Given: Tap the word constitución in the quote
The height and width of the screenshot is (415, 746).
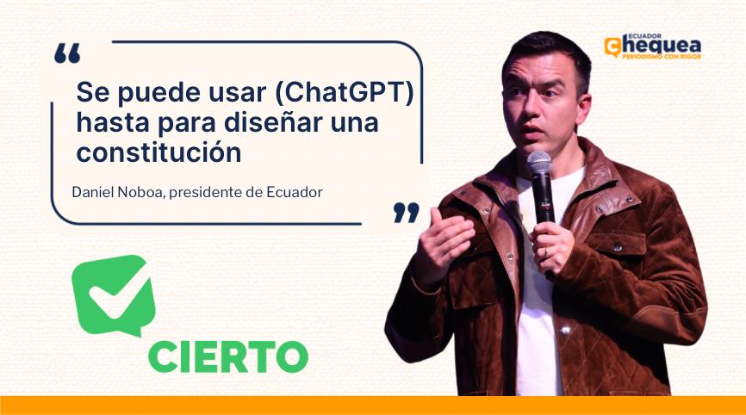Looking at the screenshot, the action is [159, 152].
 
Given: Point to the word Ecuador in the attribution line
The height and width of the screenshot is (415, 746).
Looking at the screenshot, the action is [295, 192].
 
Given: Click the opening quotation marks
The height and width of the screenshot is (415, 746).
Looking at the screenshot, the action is [67, 53].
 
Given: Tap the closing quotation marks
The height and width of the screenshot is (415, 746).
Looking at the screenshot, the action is [407, 213].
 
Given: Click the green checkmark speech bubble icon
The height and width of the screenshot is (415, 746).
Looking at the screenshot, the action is [113, 294].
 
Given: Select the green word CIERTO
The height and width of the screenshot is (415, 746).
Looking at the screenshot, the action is [228, 356].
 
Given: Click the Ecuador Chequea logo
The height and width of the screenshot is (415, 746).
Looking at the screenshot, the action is [653, 46].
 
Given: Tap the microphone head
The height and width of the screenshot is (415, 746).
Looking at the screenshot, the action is [539, 163].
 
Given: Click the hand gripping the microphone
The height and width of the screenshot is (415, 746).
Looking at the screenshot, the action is [552, 247].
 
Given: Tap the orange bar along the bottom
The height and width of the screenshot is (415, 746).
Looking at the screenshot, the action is [373, 406].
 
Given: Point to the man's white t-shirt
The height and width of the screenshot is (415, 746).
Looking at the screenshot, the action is [540, 294].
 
